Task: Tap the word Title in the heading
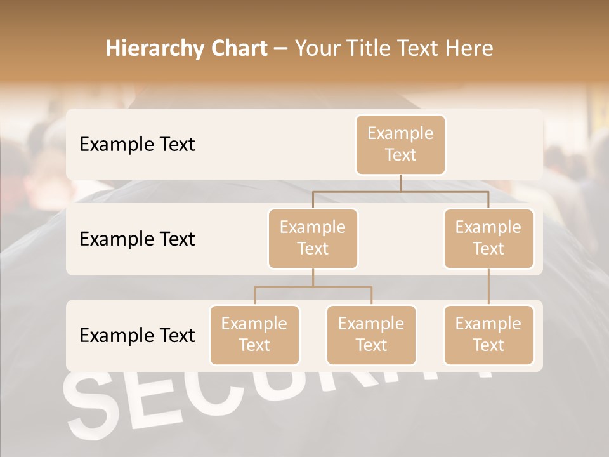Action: pos(374,49)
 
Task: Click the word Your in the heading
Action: pos(318,49)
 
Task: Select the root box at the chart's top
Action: pos(400,145)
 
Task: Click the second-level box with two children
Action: pos(313,238)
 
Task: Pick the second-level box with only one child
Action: pos(488,238)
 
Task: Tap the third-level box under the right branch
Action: pos(488,334)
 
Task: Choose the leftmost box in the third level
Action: pos(254,334)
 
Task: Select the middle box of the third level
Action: pos(371,334)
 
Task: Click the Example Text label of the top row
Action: pos(137,145)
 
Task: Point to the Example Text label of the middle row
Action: pos(137,239)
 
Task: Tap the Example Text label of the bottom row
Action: pos(137,335)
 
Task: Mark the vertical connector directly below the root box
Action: pos(400,183)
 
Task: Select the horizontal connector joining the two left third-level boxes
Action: pos(313,287)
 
